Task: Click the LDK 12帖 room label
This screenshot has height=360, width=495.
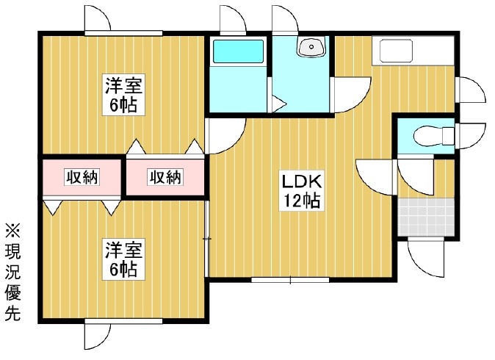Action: [x=302, y=191]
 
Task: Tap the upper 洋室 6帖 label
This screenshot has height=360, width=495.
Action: [x=123, y=94]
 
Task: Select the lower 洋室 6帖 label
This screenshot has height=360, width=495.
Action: [x=123, y=259]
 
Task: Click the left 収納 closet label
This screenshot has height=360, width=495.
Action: [x=82, y=178]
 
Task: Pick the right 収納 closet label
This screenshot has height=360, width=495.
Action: [x=165, y=178]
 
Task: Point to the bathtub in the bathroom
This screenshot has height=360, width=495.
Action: [x=238, y=51]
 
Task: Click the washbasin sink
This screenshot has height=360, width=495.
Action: [x=311, y=47]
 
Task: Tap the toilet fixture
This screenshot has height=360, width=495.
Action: [x=434, y=136]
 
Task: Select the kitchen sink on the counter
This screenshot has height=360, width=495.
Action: [x=396, y=51]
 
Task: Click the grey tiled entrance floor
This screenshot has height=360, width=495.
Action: [x=426, y=217]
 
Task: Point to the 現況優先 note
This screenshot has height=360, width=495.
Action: [x=12, y=273]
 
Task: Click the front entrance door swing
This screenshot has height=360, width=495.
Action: [x=426, y=257]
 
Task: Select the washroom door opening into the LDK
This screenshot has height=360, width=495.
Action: [x=350, y=94]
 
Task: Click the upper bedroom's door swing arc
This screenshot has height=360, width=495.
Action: [x=225, y=136]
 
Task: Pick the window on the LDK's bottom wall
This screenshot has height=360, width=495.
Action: [x=290, y=280]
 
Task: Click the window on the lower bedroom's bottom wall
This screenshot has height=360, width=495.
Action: [x=123, y=321]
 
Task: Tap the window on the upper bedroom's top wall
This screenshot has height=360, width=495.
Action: [x=123, y=33]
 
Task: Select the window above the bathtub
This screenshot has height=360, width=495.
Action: [x=233, y=33]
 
